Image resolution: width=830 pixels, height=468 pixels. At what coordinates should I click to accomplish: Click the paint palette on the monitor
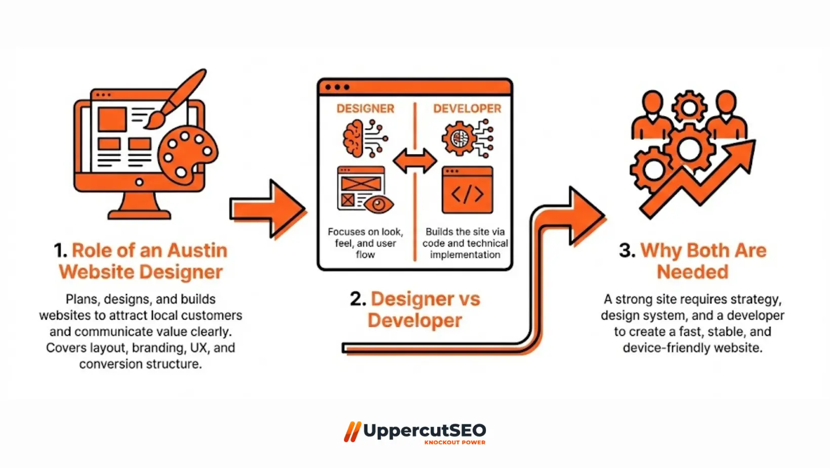coord(187,154)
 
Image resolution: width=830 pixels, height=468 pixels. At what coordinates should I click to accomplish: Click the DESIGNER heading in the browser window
coord(365,108)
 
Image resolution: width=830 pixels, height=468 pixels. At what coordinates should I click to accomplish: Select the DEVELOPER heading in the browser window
coord(467,108)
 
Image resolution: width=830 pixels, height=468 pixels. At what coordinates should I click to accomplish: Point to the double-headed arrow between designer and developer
coord(415,161)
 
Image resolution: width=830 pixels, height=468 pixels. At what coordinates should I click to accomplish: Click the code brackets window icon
coord(467,190)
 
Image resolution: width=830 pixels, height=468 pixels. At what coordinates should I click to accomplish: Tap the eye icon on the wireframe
coord(379,205)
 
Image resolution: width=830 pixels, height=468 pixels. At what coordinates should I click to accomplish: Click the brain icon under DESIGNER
coord(354,138)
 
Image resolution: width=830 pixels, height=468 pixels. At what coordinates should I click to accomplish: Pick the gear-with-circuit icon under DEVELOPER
coord(460,138)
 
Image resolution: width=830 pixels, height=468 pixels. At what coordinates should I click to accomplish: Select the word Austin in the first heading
coord(197,250)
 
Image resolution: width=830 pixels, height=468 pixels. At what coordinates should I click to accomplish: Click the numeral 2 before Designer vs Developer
coord(357,299)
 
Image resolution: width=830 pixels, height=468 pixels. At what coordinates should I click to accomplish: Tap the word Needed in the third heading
coord(692,272)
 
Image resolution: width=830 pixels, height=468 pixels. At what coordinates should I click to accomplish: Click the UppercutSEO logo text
coord(424,431)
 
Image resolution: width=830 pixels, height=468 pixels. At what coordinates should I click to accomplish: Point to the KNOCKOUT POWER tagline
coord(454,443)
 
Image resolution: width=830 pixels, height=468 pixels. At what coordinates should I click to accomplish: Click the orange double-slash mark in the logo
coord(352,432)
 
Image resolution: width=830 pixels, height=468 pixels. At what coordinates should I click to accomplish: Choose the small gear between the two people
coord(689,107)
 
